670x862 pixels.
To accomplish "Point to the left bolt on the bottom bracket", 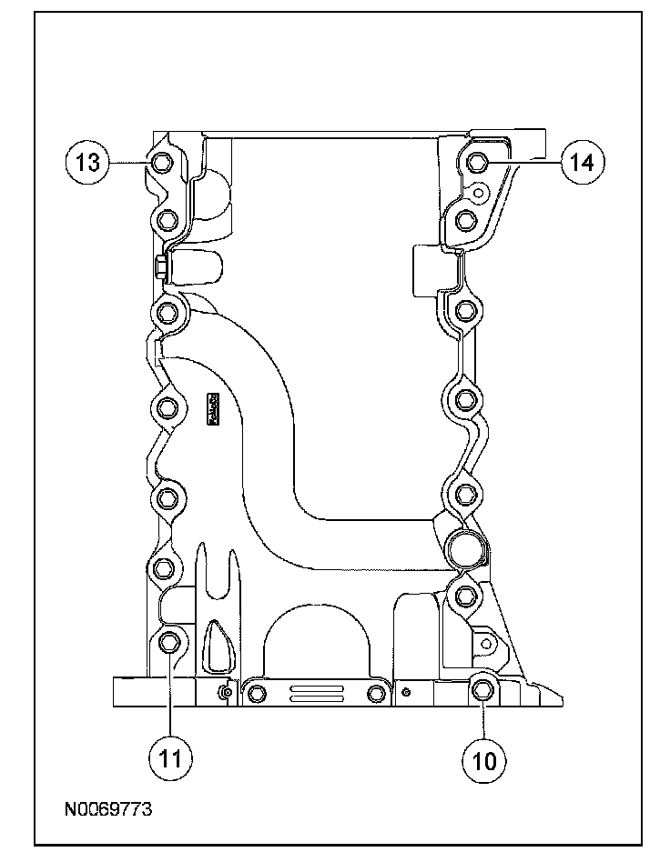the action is [x=256, y=695].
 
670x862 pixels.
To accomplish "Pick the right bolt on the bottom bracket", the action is [x=376, y=696].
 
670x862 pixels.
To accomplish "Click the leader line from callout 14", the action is [x=524, y=163].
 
